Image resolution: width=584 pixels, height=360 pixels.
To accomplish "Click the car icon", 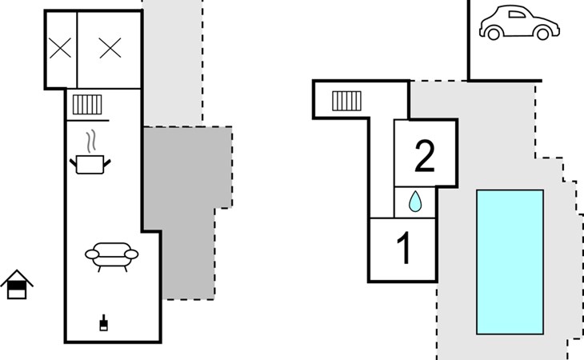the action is tap(519, 22).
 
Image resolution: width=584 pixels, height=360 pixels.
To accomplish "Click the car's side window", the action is tap(517, 14).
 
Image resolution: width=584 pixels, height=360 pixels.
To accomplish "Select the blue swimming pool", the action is tap(510, 262).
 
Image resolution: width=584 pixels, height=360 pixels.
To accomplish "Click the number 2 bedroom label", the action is tap(425, 156).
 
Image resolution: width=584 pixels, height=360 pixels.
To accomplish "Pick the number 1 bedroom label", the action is tap(404, 247).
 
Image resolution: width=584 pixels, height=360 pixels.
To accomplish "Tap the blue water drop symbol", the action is tap(415, 202).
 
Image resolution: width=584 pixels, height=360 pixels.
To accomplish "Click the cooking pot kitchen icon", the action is tap(90, 164).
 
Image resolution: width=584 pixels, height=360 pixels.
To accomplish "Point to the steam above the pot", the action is tap(91, 142).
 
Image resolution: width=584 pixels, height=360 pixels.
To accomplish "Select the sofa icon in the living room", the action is tap(112, 256).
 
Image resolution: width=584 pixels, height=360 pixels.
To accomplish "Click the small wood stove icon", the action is tap(103, 322).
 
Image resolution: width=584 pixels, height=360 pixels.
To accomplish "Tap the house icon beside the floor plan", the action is tap(17, 285).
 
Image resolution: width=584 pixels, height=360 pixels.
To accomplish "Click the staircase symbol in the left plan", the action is tap(87, 105).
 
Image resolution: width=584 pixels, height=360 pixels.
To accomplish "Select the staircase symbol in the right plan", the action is tap(346, 101).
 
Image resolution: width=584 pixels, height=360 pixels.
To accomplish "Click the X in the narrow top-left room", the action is tap(60, 48).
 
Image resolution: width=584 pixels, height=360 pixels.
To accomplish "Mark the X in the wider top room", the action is tap(110, 48).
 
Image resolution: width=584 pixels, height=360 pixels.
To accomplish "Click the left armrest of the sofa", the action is tap(92, 254).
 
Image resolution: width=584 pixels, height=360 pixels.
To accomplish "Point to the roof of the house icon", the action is tap(17, 278).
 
